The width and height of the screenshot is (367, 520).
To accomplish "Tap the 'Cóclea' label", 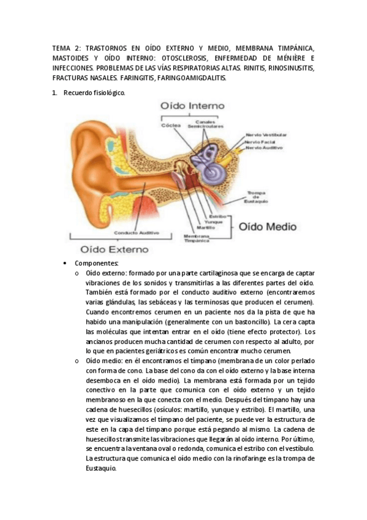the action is (x=170, y=124).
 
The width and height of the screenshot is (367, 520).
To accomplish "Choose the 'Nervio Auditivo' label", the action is (x=263, y=148).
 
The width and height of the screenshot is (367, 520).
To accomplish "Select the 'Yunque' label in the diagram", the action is (x=214, y=222).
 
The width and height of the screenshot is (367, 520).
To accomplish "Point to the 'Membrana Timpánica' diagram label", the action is (x=196, y=239).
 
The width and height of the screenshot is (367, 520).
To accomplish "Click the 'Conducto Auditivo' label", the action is (x=136, y=233).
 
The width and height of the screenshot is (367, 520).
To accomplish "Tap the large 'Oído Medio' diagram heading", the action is (x=267, y=226).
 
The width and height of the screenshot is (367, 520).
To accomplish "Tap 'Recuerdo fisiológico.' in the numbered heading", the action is (x=94, y=93).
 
